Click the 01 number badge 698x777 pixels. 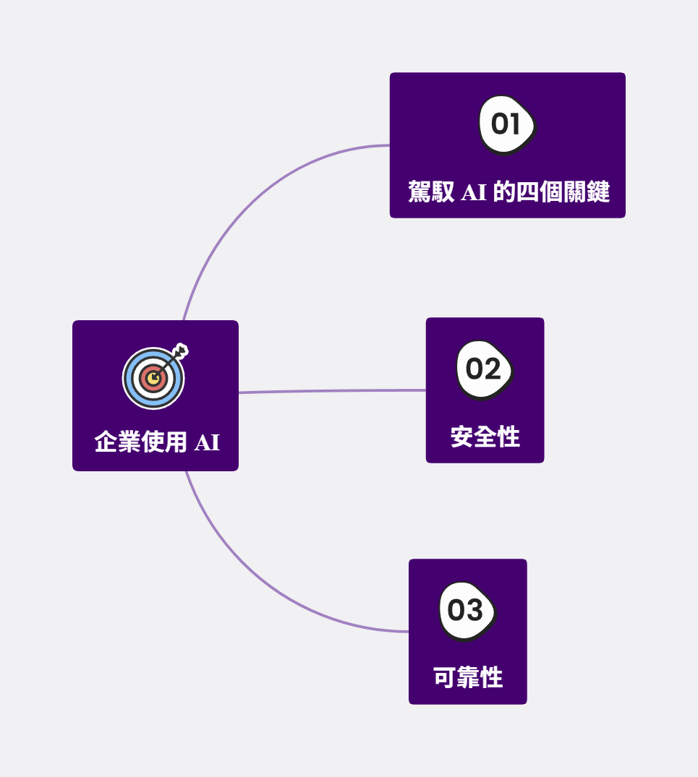point(506,124)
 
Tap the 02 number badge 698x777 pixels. point(484,369)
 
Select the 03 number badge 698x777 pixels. point(467,610)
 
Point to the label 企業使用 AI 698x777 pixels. point(157,442)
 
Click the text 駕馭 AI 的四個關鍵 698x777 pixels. point(508,192)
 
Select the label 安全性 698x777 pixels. point(485,437)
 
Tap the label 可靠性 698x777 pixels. point(467,678)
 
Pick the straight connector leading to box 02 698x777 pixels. point(333,391)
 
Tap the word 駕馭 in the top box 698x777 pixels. point(431,192)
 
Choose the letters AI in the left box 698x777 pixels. point(207,442)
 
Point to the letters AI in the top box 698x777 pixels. point(474,192)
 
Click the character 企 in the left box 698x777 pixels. point(106,442)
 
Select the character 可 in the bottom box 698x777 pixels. point(444,678)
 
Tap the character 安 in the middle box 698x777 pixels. point(461,437)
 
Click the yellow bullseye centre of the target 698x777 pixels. point(153,378)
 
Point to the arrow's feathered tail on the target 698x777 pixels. point(182,352)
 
